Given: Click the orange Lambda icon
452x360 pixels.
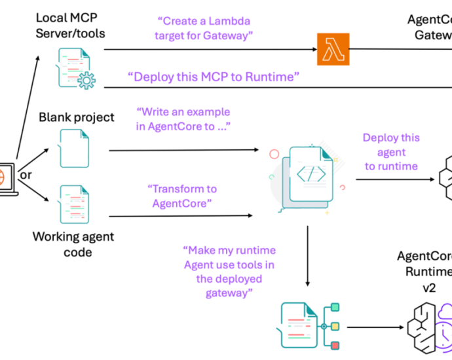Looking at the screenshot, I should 333,49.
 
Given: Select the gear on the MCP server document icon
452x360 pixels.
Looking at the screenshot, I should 85,79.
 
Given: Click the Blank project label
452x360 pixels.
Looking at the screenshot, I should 76,118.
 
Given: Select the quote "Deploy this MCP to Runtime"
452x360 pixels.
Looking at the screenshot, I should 214,77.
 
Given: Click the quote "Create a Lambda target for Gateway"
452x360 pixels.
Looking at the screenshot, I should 204,28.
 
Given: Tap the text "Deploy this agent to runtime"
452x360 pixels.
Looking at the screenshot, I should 391,152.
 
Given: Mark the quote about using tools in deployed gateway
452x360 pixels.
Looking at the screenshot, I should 229,271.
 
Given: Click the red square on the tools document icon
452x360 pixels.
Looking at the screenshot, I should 335,346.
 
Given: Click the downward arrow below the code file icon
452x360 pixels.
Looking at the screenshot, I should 307,255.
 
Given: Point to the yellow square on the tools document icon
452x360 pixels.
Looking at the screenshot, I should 335,326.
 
